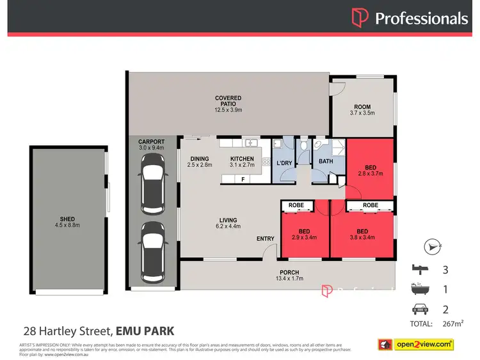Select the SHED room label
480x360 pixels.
coord(67,222)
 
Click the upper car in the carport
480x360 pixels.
coord(153,189)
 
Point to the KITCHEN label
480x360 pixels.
coord(242,162)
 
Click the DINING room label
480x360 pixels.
coord(200,162)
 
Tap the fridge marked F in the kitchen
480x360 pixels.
coord(243,180)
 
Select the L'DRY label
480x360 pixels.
coord(284,163)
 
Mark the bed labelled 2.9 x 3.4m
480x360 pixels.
coord(305,233)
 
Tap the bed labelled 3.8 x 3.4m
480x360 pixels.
coord(362,233)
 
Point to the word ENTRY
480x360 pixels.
coord(266,239)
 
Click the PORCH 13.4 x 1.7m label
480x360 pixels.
coord(289,276)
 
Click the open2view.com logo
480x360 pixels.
coord(416,344)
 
